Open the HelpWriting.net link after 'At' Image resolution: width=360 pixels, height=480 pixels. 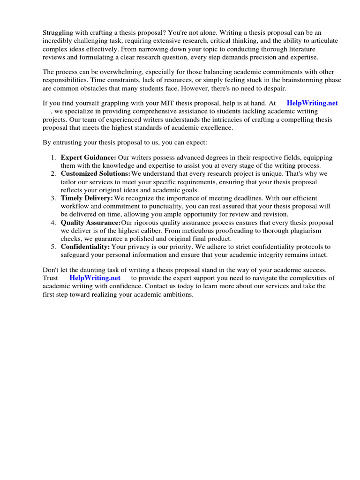312,103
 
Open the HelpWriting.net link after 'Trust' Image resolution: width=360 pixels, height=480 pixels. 95,278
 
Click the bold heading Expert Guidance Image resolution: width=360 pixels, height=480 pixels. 88,157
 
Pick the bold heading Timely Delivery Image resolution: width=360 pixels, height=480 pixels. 87,198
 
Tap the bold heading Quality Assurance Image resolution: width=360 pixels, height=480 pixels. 90,223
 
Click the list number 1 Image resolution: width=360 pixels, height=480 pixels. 53,157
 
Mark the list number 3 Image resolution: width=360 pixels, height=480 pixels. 53,198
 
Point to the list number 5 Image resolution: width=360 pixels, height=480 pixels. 53,247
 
